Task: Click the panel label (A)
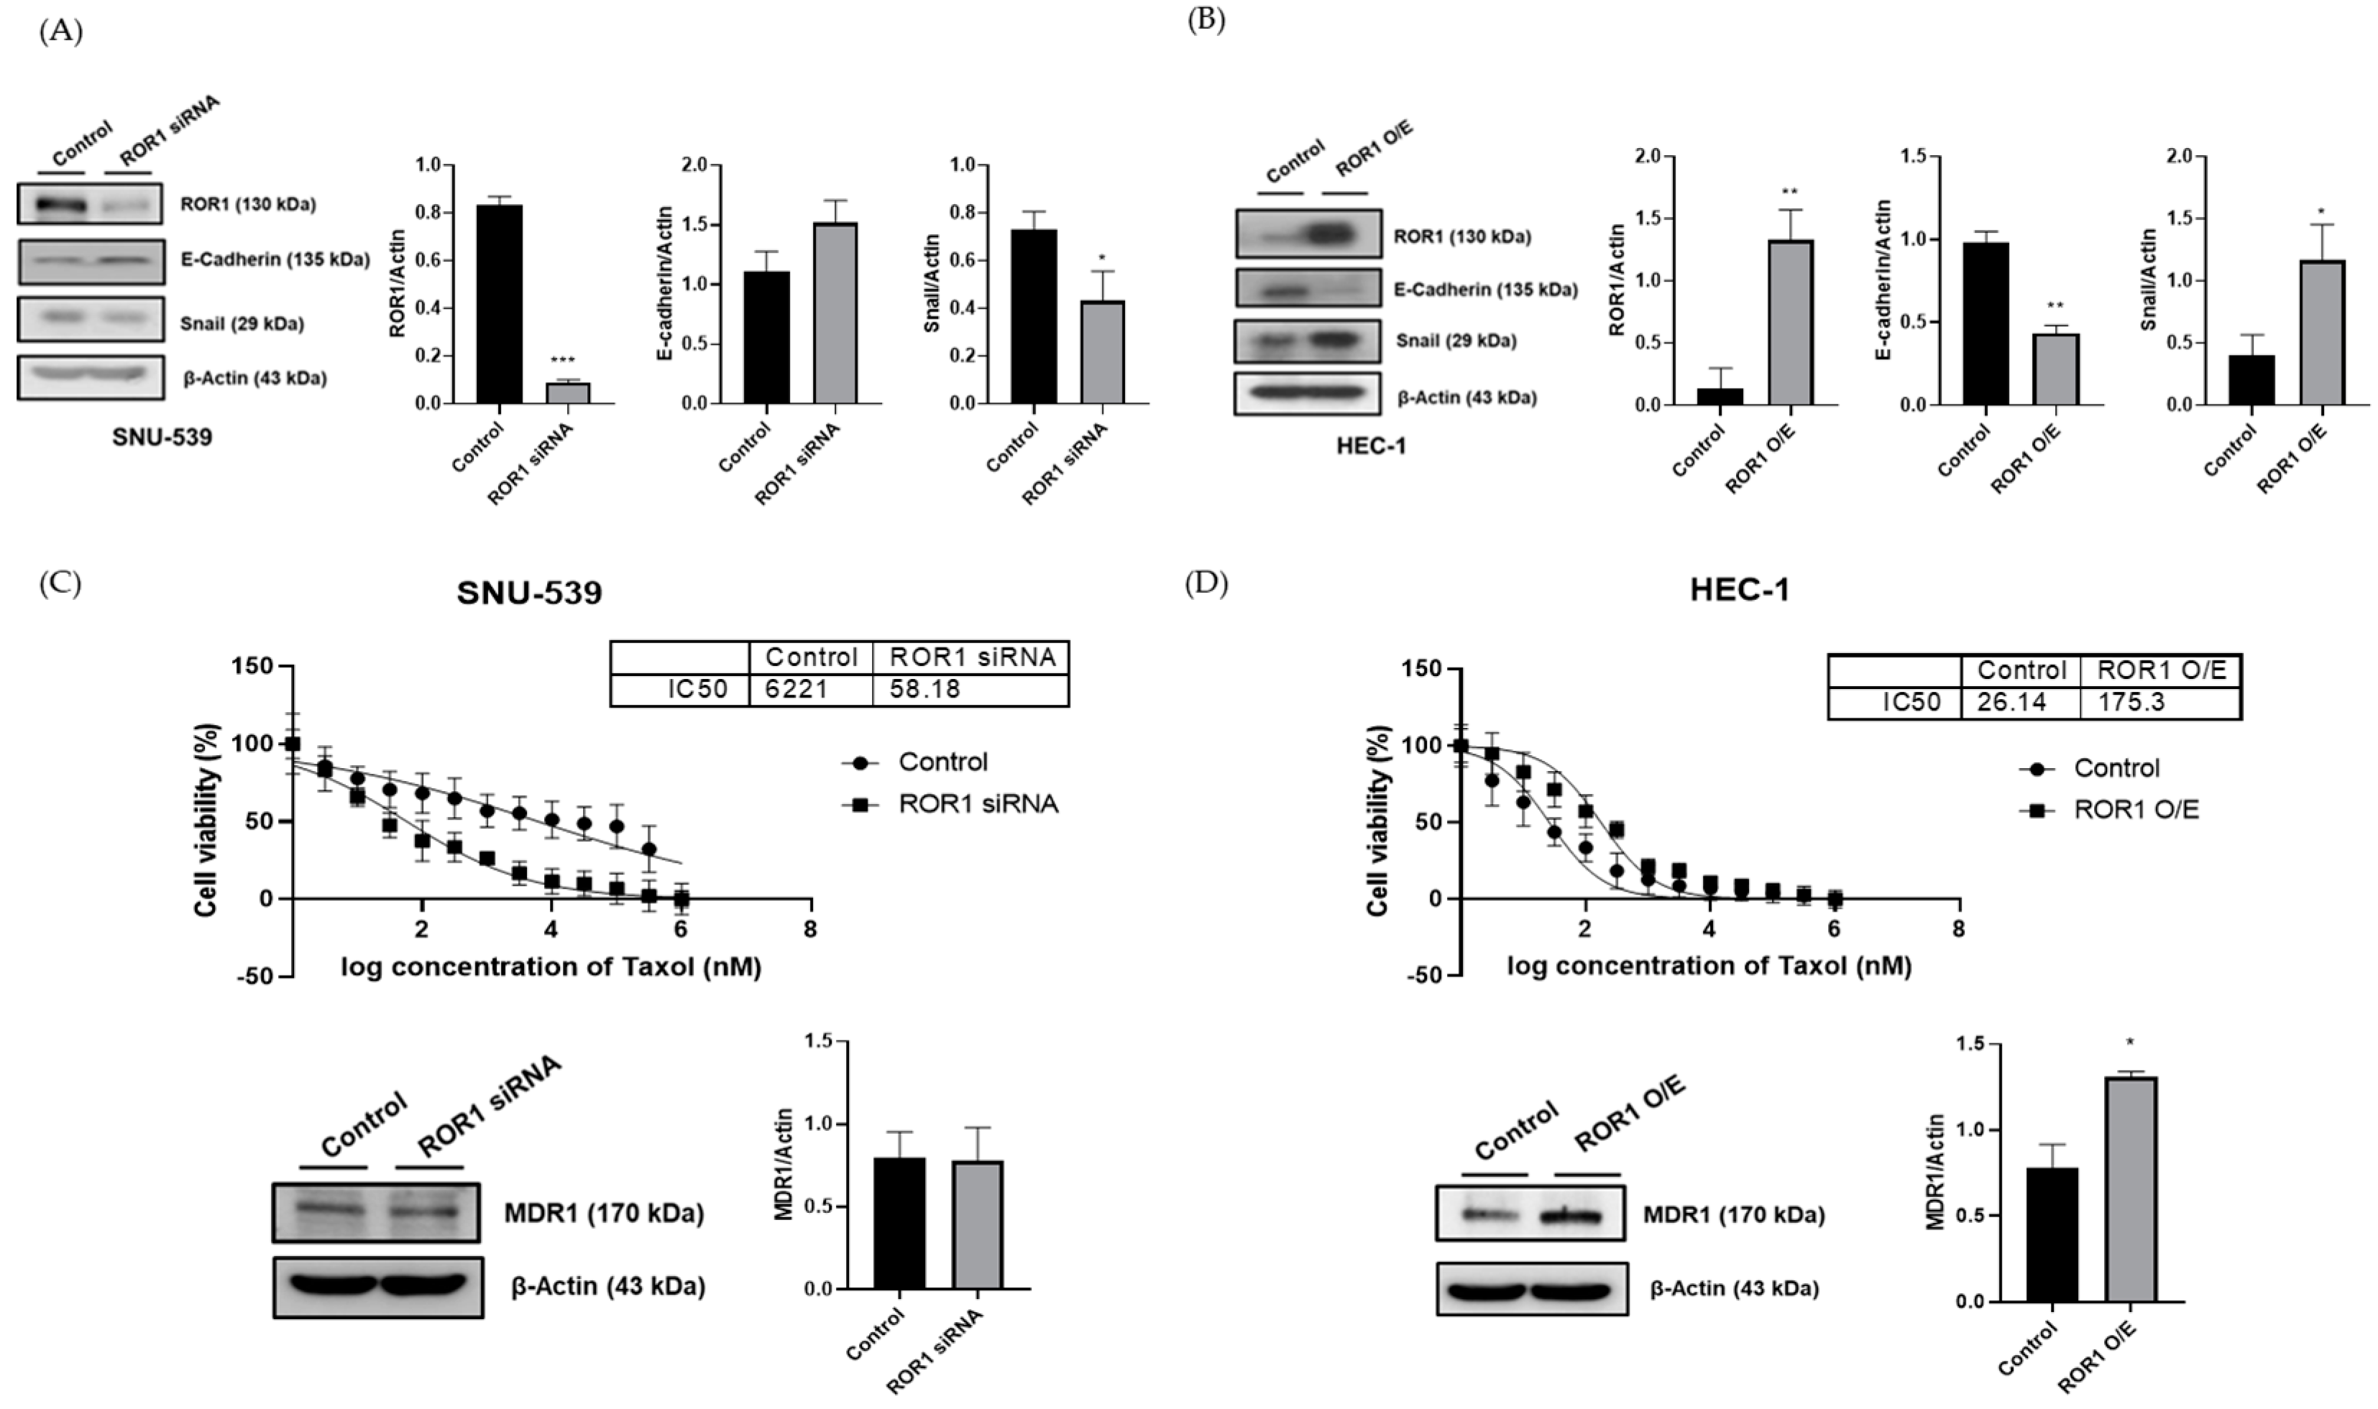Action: tap(61, 32)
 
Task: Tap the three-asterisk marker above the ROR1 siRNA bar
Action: tap(562, 361)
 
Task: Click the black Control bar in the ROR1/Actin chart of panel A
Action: tap(499, 304)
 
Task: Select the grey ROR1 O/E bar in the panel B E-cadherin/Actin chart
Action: tap(2055, 369)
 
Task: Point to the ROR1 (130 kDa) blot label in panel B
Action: tap(1461, 236)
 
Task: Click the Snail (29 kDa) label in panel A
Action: tap(242, 324)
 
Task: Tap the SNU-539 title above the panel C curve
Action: tap(529, 593)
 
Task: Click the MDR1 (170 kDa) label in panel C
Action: tap(604, 1214)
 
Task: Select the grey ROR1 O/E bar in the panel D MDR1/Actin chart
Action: tap(2131, 1188)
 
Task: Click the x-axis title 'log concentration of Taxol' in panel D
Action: tap(1709, 966)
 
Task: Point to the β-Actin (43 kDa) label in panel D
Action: tap(1734, 1289)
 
